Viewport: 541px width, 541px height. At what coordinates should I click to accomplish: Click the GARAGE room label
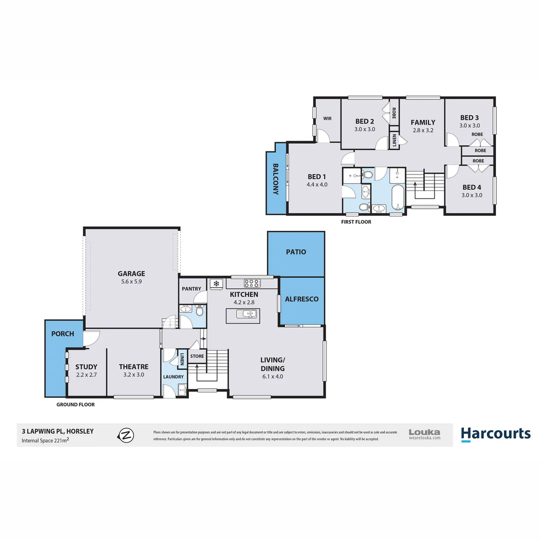[x=131, y=274]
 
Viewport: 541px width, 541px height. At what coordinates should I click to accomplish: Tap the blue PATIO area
[x=296, y=252]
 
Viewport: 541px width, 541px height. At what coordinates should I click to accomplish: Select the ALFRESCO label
[x=302, y=299]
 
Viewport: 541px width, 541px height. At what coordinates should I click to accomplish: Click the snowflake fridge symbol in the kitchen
[x=216, y=284]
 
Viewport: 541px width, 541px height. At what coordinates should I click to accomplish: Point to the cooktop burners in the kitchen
[x=252, y=284]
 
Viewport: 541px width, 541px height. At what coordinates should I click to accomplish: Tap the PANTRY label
[x=191, y=289]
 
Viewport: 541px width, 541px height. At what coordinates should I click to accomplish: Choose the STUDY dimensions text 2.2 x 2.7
[x=86, y=375]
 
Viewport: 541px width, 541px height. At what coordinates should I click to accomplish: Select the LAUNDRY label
[x=172, y=377]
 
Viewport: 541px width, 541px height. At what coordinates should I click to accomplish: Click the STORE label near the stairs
[x=197, y=356]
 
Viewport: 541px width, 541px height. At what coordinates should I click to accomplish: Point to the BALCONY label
[x=276, y=179]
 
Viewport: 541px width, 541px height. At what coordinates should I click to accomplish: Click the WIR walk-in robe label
[x=328, y=119]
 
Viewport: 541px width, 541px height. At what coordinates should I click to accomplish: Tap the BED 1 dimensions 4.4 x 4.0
[x=317, y=184]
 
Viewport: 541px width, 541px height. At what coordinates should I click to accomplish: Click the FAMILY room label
[x=423, y=122]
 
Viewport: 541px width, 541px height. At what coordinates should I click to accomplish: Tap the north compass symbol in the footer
[x=126, y=435]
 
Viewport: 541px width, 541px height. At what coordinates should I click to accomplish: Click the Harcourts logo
[x=495, y=433]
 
